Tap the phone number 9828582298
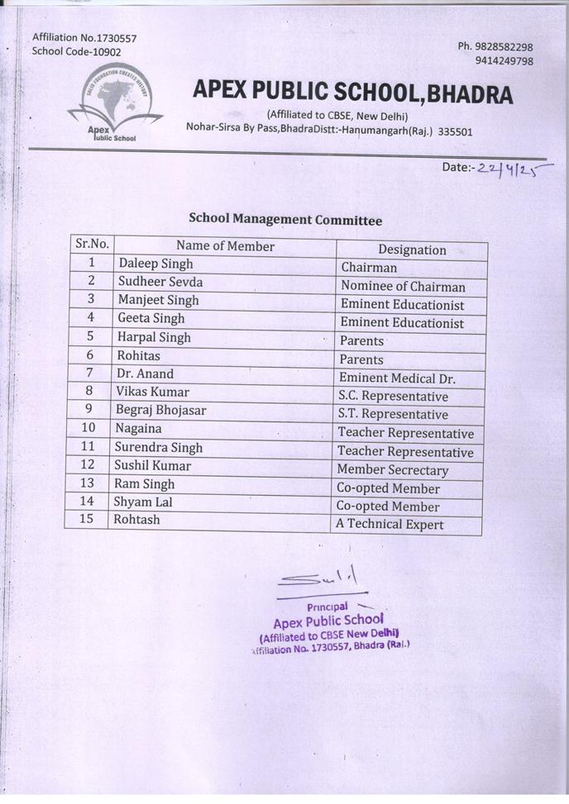495,47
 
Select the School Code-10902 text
76,52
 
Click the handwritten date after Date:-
513,169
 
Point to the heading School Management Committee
285,220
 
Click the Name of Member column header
225,245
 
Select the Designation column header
412,250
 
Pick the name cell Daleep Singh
155,264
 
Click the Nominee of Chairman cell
403,287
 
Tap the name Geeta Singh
151,318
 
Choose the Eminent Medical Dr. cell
397,378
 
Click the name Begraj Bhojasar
161,410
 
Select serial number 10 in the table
88,428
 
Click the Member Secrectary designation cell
392,470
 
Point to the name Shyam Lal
143,502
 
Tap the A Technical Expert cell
390,525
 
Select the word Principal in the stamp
327,607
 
